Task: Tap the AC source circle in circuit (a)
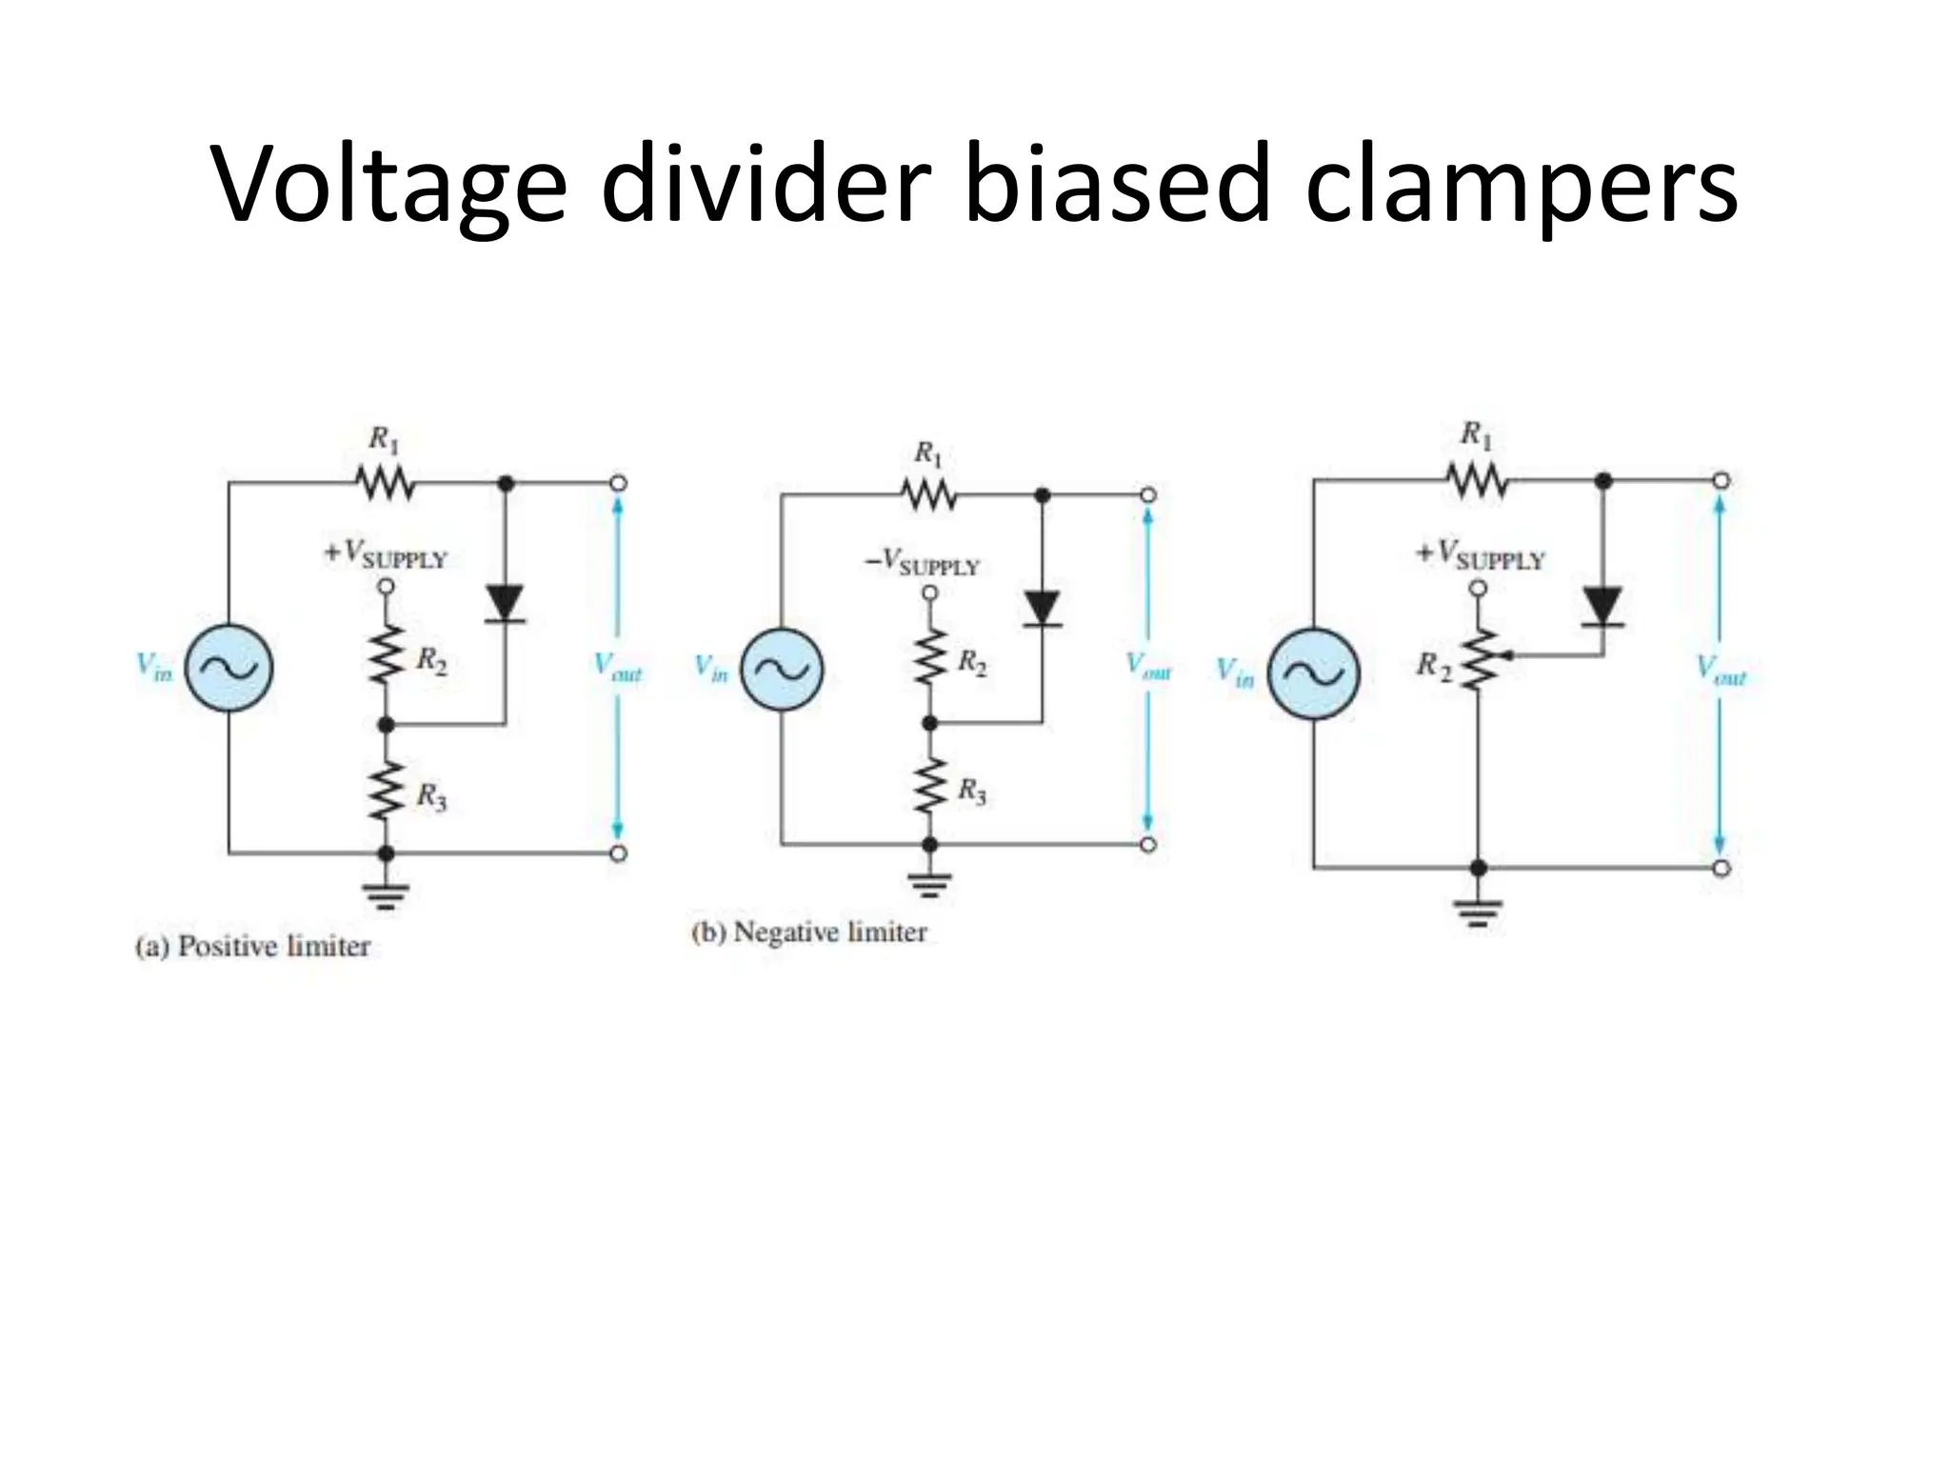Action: coord(229,669)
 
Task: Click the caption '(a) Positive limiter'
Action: coord(252,947)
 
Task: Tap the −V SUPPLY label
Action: coord(922,564)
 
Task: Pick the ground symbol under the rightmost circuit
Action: coord(1478,912)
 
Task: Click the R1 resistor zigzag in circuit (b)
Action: coord(928,494)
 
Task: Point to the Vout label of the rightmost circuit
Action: coord(1721,671)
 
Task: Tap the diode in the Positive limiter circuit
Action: coord(505,603)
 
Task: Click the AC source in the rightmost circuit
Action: coord(1314,673)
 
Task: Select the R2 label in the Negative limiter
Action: coord(971,662)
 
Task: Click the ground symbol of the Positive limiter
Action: coord(385,895)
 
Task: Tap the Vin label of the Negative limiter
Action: coord(710,668)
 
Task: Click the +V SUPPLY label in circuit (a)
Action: coord(386,555)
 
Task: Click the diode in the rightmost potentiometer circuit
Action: coord(1602,606)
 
